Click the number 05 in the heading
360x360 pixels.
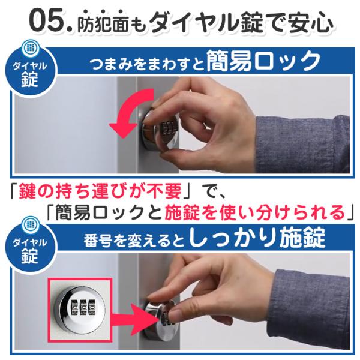[x=49, y=20]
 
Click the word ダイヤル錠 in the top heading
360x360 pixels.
[x=206, y=22]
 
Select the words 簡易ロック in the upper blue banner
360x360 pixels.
[x=263, y=61]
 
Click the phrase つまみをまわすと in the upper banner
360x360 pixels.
[x=147, y=64]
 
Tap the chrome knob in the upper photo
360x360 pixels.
[x=160, y=129]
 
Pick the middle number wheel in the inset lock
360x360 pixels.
[x=82, y=307]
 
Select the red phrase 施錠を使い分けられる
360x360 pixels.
[x=255, y=212]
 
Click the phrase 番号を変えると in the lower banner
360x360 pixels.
[x=134, y=241]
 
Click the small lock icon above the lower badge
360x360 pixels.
[x=30, y=224]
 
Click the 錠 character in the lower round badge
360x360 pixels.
[x=29, y=256]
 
